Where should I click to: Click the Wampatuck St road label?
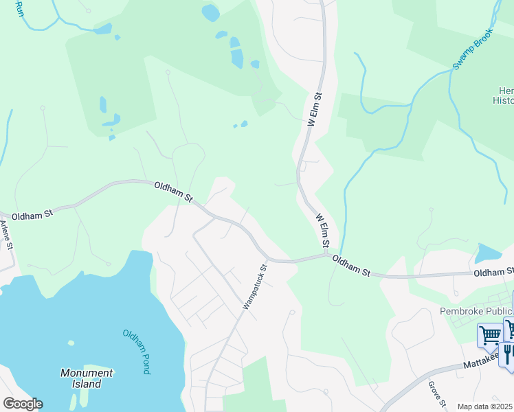point(254,287)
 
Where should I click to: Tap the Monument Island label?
point(86,378)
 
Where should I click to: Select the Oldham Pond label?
point(136,352)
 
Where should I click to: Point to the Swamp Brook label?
point(473,52)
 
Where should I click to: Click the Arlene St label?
point(6,234)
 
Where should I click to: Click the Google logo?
point(22,404)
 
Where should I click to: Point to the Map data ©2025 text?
point(485,407)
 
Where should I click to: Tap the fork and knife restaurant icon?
point(508,352)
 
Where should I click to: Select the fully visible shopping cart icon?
point(491,336)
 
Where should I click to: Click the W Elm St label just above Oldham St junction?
point(323,231)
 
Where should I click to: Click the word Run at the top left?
point(19,9)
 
